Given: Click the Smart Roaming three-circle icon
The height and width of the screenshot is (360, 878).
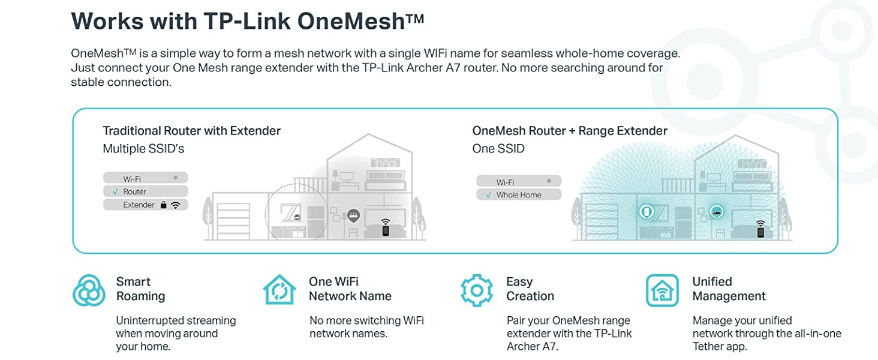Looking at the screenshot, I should point(89,290).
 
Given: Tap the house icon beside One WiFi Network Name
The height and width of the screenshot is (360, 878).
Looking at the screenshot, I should point(279,290).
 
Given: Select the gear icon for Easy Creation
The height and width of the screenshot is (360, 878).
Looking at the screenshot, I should point(477,290).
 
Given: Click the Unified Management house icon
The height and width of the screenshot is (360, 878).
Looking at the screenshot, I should point(662,290).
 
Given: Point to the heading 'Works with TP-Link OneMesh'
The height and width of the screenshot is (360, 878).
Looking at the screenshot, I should point(247,21).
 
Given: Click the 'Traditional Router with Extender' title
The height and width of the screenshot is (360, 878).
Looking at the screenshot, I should point(191,131).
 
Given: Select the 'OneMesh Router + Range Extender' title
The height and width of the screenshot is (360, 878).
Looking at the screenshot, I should point(569,131).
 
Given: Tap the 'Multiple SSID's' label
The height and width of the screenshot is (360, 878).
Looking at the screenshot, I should point(143,149).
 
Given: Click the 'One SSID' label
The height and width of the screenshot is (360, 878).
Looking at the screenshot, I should point(498,149).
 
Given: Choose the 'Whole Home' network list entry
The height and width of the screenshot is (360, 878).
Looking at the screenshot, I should point(518,195).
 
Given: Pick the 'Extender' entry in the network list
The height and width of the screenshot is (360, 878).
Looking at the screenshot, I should point(139,205).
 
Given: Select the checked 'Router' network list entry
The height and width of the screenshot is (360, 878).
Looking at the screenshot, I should point(134,192).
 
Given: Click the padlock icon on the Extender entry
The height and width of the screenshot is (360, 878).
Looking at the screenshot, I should point(163,205).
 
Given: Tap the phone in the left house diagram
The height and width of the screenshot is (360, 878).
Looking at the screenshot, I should point(386,230).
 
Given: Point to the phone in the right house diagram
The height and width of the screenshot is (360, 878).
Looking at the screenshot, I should point(760,232).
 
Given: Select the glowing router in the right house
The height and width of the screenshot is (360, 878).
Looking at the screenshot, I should point(716,211).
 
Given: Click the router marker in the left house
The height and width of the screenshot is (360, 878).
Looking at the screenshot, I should point(353,215).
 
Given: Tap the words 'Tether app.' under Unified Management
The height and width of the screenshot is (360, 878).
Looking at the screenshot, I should point(720,347).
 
